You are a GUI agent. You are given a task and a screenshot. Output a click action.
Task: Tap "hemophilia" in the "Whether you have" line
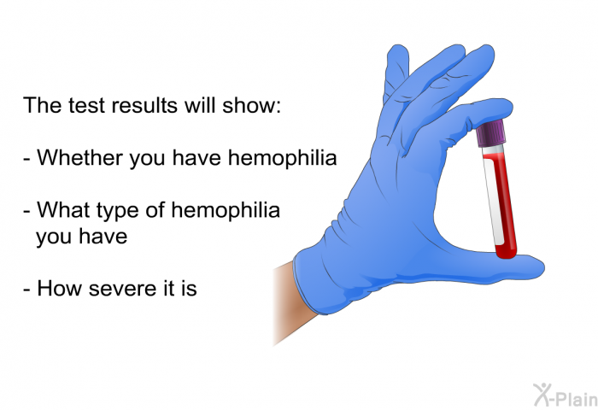(x=282, y=159)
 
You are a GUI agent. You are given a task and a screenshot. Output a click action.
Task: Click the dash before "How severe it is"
(x=28, y=290)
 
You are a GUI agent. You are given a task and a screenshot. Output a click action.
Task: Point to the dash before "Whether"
(x=28, y=160)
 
